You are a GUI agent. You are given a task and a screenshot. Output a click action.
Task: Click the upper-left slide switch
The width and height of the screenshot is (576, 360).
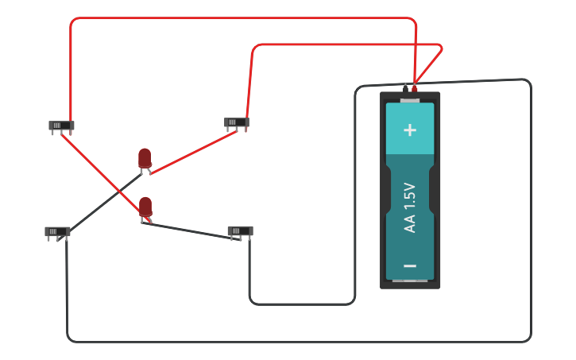point(61,126)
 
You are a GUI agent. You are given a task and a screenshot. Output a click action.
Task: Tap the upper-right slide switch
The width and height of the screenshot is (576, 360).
point(236,122)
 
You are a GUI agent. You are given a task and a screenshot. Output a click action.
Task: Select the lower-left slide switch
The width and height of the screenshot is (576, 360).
point(57,231)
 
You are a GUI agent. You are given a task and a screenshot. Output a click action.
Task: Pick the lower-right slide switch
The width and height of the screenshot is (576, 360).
point(240,231)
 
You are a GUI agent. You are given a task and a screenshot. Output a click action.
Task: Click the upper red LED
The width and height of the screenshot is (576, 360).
point(144,158)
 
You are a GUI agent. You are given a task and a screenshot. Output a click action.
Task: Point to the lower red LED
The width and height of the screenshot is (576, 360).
point(145,207)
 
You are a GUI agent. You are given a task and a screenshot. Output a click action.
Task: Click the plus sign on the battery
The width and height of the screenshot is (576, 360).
point(410,130)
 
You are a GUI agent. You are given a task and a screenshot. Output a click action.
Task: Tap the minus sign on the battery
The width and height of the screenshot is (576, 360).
point(410,265)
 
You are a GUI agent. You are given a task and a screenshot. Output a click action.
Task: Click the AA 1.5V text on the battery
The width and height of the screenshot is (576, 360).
point(410,207)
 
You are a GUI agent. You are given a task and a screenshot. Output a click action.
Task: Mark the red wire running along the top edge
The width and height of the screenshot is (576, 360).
point(238,18)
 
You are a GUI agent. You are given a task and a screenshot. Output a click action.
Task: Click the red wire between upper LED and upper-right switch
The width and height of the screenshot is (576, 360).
point(195,152)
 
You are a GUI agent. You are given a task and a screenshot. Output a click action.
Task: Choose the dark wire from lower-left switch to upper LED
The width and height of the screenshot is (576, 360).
point(103,203)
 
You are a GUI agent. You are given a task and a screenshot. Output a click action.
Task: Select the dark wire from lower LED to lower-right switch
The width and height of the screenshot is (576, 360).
point(191,231)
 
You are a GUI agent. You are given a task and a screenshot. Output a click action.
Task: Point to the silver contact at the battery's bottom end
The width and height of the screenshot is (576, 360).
point(410,281)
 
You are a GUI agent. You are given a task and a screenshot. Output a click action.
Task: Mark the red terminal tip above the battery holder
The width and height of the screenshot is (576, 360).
point(414,88)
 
